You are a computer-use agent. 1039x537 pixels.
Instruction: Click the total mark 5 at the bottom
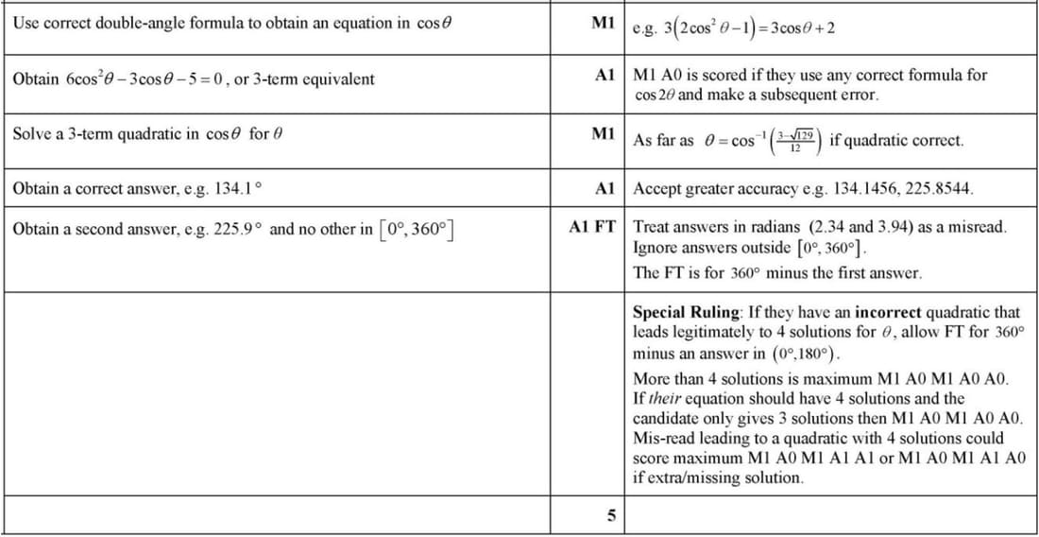pyautogui.click(x=610, y=516)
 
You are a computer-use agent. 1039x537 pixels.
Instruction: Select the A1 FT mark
pyautogui.click(x=592, y=228)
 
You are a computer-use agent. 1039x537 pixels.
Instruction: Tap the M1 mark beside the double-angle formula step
pyautogui.click(x=604, y=22)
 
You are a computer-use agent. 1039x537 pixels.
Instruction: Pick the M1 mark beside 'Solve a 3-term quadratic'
pyautogui.click(x=604, y=133)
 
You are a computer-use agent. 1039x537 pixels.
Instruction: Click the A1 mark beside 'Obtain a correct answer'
pyautogui.click(x=605, y=188)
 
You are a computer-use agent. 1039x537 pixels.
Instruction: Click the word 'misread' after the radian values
pyautogui.click(x=979, y=228)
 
